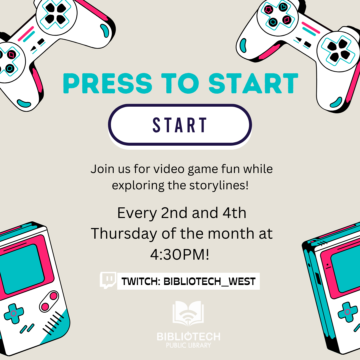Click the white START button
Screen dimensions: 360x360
point(180,125)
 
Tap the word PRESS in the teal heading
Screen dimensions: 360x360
point(108,83)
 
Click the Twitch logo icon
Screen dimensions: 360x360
point(108,280)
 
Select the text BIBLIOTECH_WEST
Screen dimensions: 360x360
point(209,281)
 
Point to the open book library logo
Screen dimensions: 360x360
point(188,314)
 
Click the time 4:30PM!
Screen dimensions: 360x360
point(180,254)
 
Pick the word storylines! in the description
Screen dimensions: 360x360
point(219,185)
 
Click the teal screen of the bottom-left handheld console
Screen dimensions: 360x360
point(22,269)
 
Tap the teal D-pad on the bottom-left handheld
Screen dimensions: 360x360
point(14,313)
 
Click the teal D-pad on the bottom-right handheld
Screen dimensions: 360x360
point(348,312)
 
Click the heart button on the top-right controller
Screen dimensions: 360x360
point(283,7)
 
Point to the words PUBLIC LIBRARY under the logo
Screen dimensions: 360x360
point(188,345)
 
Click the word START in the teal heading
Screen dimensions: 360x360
point(253,83)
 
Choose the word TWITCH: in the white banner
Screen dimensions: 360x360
point(141,281)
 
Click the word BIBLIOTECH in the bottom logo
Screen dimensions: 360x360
point(188,336)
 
